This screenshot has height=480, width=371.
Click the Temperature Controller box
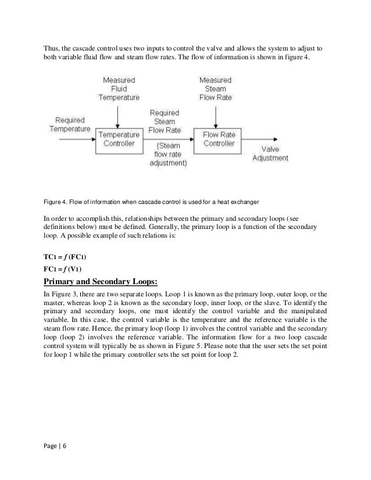click(x=117, y=139)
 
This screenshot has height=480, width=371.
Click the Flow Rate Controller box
click(x=218, y=139)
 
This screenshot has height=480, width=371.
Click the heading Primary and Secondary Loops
click(x=100, y=282)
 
